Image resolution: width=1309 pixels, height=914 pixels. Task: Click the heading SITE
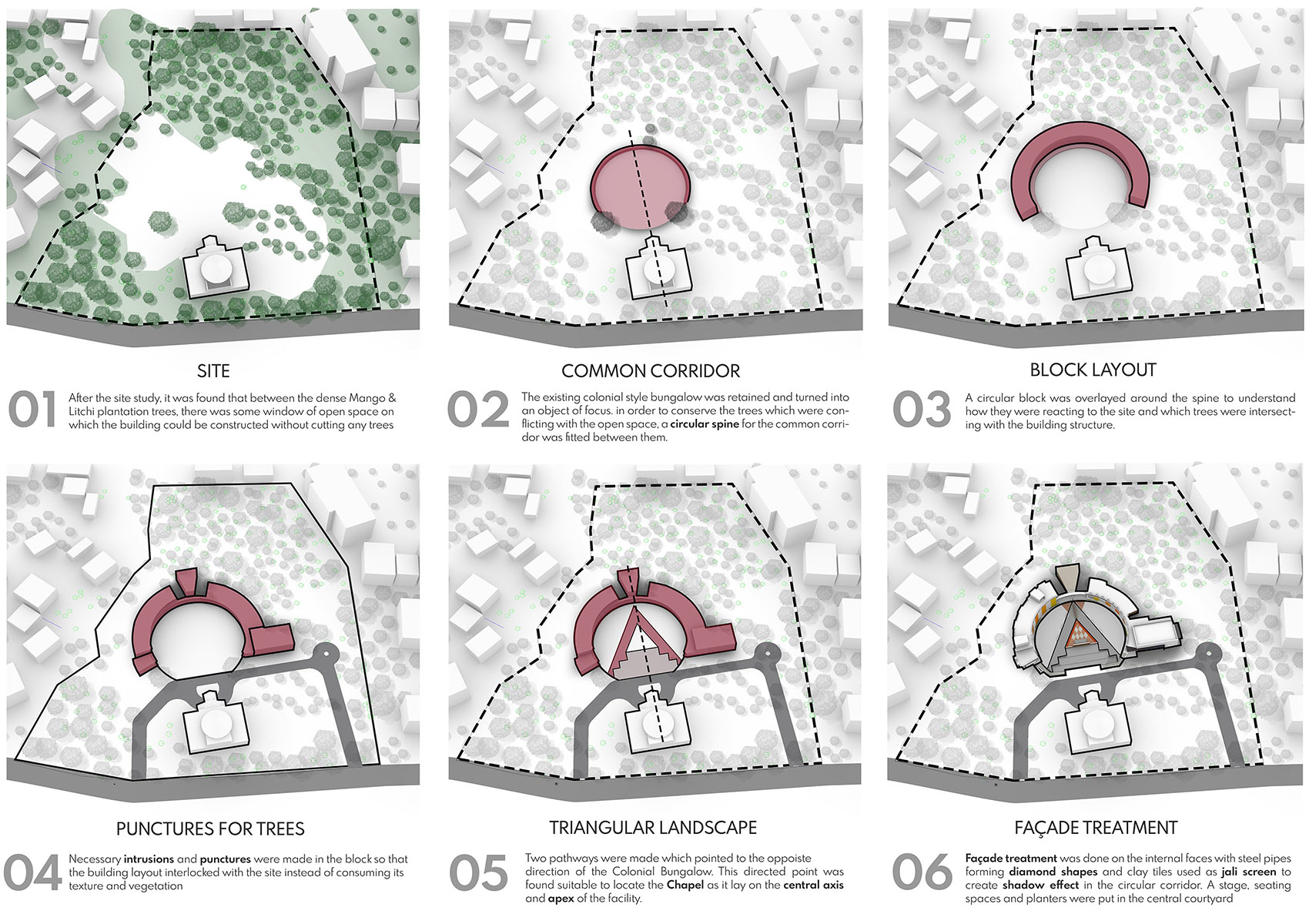point(213,370)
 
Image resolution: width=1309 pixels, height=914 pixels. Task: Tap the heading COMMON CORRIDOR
point(651,370)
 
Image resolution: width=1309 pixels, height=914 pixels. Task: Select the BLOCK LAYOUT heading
point(1093,370)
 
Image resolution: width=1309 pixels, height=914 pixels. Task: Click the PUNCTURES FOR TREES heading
point(210,829)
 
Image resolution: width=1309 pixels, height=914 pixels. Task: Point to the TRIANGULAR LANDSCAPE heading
point(653,828)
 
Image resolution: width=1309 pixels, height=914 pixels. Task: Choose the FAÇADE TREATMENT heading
point(1096,828)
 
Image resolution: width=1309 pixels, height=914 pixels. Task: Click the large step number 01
point(32,409)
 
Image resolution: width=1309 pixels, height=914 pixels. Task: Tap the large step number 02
point(478,409)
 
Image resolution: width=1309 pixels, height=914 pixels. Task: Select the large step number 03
point(922,409)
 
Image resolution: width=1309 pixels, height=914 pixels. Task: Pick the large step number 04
point(32,872)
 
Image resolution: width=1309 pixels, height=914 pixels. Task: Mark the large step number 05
point(478,872)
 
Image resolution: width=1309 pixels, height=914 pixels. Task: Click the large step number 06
point(922,872)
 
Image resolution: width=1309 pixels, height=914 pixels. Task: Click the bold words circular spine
point(705,424)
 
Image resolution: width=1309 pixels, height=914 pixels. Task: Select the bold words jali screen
point(1248,872)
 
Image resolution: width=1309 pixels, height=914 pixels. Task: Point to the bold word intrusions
point(149,859)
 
